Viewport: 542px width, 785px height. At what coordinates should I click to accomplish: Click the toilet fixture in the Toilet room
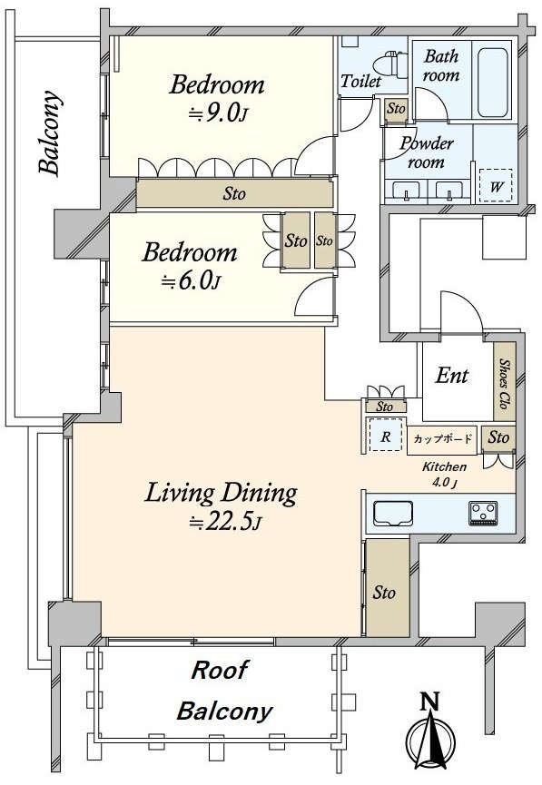click(x=389, y=64)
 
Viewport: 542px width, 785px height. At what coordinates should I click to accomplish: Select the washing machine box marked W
click(x=496, y=186)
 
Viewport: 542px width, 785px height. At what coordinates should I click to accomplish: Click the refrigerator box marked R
click(x=385, y=435)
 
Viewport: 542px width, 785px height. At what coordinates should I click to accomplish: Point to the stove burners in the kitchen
click(x=483, y=513)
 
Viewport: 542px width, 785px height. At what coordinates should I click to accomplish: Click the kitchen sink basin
click(x=394, y=514)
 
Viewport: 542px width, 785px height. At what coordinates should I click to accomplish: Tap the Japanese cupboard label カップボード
click(x=443, y=439)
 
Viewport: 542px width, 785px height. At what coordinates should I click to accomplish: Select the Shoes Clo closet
click(x=505, y=382)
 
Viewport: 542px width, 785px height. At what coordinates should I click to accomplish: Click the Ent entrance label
click(x=452, y=375)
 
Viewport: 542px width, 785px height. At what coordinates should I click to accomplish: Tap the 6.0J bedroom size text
click(x=191, y=281)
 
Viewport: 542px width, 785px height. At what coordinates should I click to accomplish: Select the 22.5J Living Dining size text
click(x=225, y=522)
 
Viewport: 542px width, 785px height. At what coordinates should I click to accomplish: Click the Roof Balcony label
click(x=225, y=691)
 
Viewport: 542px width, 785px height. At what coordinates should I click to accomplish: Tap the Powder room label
click(x=427, y=152)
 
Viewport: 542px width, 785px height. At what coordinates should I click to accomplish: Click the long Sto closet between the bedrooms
click(x=234, y=193)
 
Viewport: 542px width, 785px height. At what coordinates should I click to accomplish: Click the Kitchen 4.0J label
click(x=444, y=474)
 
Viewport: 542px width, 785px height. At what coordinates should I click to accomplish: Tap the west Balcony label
click(x=51, y=132)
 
